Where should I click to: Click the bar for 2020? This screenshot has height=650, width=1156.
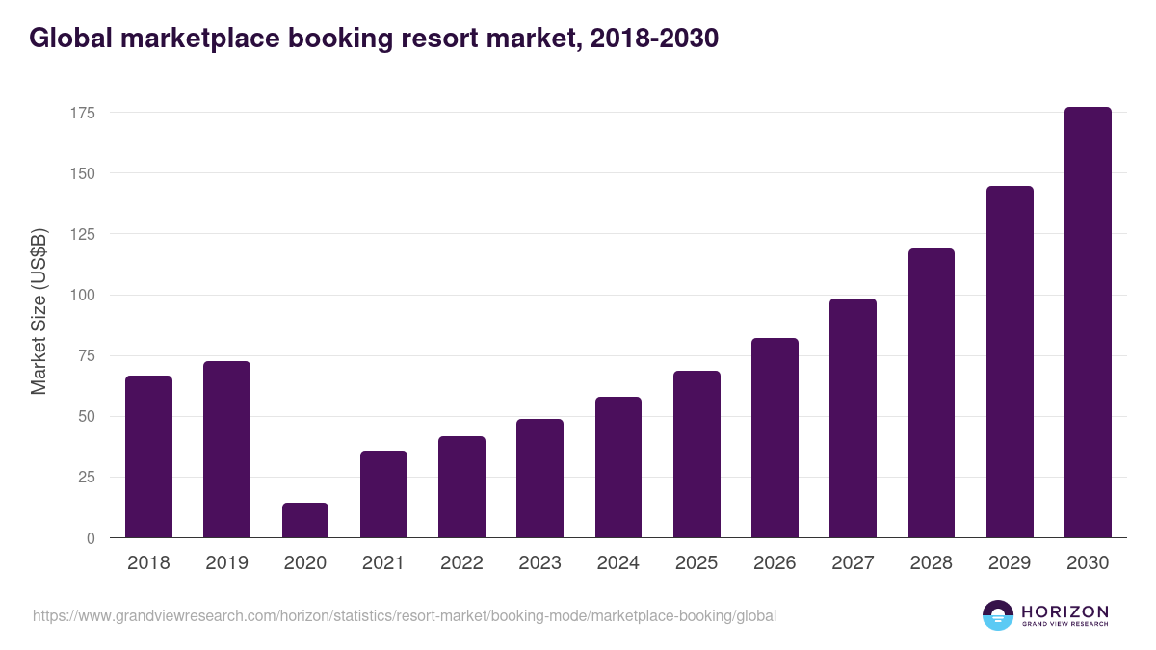305,520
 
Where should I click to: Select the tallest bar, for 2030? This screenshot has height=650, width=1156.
1088,323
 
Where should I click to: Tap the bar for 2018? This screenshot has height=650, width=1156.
148,456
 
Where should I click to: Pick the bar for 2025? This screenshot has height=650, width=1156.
696,455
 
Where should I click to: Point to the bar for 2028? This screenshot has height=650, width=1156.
932,393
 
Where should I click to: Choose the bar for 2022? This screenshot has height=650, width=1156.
461,487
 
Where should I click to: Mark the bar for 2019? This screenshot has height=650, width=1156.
226,450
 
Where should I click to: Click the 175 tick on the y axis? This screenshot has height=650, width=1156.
82,113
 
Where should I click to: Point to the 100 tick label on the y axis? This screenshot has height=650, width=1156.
82,295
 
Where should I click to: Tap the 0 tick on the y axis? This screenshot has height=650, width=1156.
91,538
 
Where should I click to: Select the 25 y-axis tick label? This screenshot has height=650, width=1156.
86,478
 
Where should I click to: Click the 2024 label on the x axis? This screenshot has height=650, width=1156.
617,563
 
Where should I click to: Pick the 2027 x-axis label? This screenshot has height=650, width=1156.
853,563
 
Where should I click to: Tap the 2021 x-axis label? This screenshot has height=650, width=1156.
382,563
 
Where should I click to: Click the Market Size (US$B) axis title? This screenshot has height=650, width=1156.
39,311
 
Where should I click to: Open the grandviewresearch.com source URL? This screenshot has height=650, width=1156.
404,615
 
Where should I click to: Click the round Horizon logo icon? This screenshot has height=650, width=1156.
998,615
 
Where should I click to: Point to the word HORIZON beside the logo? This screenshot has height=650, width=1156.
1064,611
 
